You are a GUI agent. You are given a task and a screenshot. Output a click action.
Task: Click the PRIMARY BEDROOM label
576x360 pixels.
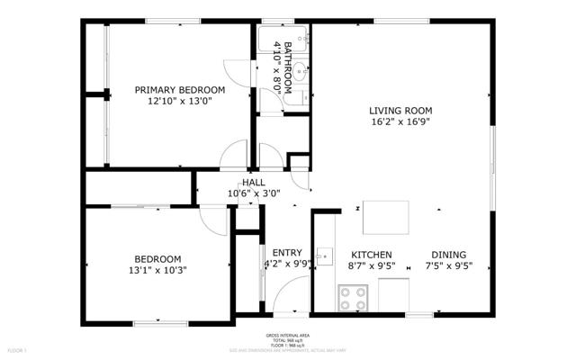click(x=179, y=90)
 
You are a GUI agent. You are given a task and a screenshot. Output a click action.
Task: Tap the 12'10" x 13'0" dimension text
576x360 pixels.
click(x=179, y=102)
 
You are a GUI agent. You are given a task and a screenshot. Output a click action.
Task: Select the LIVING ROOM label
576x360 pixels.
click(x=400, y=111)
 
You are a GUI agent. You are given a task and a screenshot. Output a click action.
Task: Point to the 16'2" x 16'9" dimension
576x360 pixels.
click(x=400, y=122)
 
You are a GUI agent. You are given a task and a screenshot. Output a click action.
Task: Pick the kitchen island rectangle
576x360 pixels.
click(x=385, y=216)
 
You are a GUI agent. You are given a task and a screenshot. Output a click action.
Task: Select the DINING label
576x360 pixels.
click(x=448, y=254)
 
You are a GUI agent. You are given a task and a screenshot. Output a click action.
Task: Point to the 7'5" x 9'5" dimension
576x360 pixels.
click(x=448, y=265)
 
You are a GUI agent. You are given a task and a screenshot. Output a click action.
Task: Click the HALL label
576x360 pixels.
click(x=254, y=182)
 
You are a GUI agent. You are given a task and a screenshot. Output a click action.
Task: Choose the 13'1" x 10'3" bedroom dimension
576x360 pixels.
click(x=158, y=269)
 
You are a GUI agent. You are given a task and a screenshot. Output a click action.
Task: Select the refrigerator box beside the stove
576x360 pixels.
click(x=393, y=293)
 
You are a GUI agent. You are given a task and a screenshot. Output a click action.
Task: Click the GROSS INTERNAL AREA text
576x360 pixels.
click(x=288, y=334)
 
